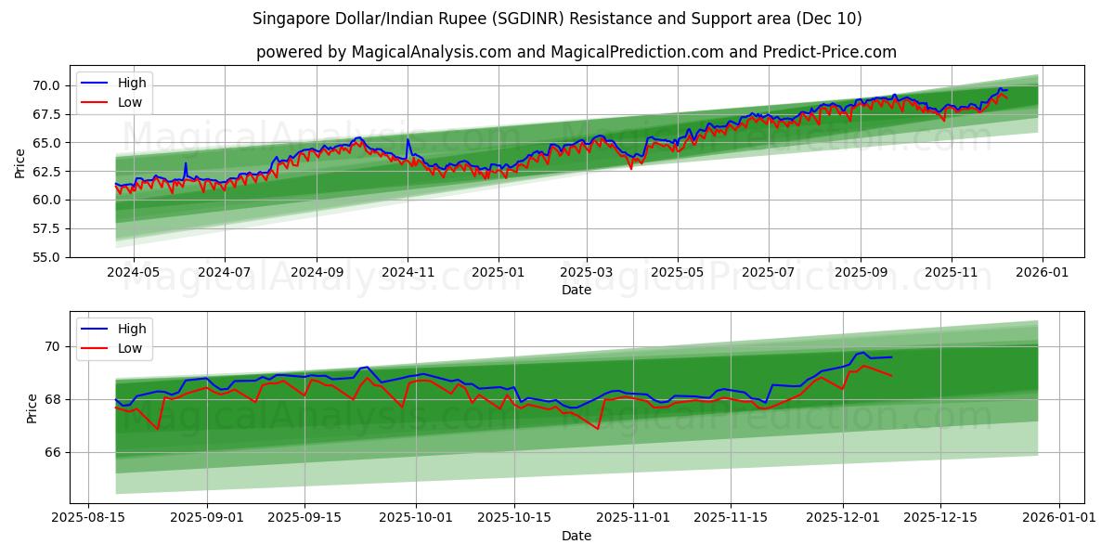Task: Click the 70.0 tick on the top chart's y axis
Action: click(x=46, y=85)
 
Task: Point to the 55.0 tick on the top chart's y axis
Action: click(x=46, y=257)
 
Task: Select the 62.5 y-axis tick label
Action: click(x=46, y=172)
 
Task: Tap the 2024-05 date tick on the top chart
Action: click(x=134, y=274)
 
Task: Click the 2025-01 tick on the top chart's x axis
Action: click(x=499, y=274)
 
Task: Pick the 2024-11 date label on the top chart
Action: click(x=408, y=274)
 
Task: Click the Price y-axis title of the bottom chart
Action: click(x=32, y=408)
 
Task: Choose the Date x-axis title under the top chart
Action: click(x=576, y=290)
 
